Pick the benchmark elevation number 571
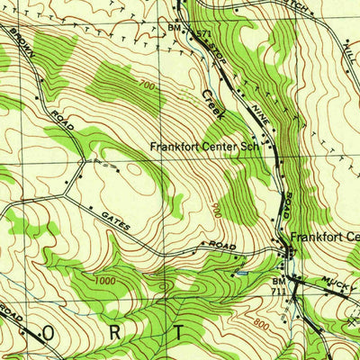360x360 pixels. [202, 34]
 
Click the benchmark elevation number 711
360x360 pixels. [280, 292]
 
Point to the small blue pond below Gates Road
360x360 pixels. [239, 272]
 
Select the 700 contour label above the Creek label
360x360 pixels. [147, 84]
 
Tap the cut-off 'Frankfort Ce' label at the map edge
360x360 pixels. [324, 238]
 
